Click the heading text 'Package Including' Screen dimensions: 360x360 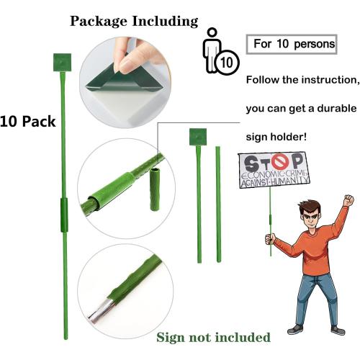click(133, 21)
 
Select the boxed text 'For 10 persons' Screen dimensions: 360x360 click(292, 44)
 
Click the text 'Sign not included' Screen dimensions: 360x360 click(214, 338)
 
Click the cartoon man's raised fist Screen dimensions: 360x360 click(349, 199)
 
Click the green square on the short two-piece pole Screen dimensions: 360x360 click(197, 136)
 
